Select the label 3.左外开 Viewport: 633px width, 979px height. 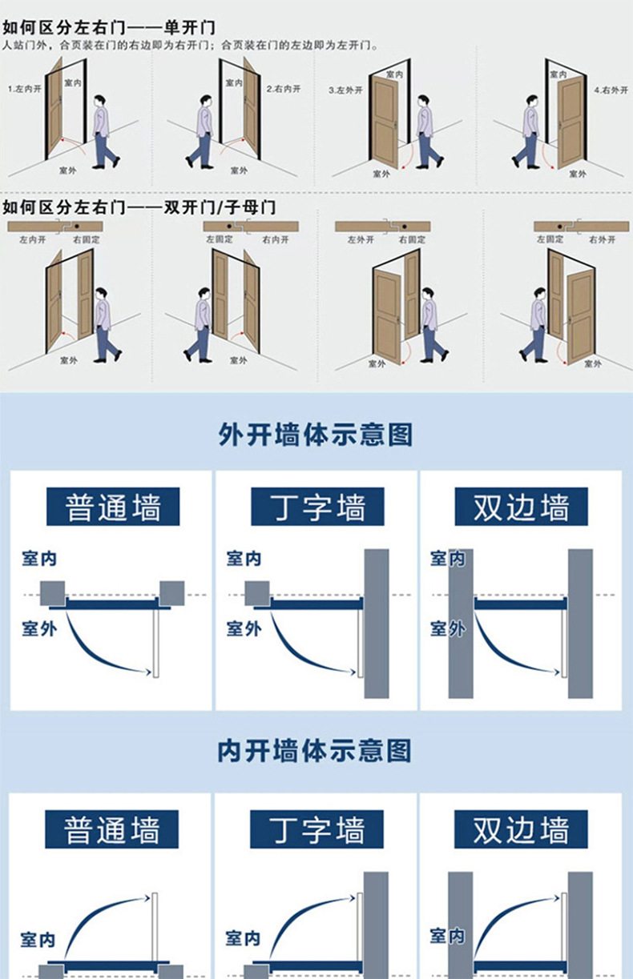pyautogui.click(x=345, y=90)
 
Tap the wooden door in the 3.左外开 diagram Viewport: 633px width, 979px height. pyautogui.click(x=385, y=120)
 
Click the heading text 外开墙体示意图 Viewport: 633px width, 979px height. pyautogui.click(x=316, y=435)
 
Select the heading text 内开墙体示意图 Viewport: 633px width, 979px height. pyautogui.click(x=316, y=751)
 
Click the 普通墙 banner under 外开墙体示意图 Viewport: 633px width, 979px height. pyautogui.click(x=113, y=508)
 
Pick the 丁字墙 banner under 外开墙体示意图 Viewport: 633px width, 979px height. pyautogui.click(x=317, y=508)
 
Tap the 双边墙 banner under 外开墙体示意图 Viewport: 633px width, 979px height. pyautogui.click(x=521, y=508)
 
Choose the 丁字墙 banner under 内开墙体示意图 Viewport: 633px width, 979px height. pyautogui.click(x=317, y=829)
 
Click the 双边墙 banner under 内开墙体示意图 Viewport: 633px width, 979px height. pyautogui.click(x=521, y=829)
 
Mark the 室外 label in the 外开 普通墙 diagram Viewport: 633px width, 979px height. pyautogui.click(x=39, y=628)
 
